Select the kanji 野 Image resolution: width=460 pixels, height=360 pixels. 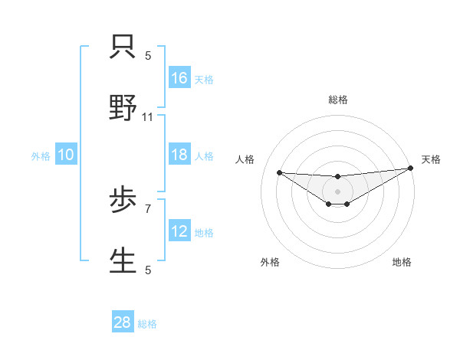tap(123, 108)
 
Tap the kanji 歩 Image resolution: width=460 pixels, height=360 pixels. tap(123, 201)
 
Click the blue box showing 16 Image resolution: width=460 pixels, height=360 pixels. tap(179, 78)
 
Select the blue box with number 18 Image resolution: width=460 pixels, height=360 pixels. tap(179, 155)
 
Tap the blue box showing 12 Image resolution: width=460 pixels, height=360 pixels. tap(179, 231)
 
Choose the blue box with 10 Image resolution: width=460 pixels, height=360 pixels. tap(66, 155)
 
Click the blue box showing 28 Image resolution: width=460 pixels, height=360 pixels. tap(123, 322)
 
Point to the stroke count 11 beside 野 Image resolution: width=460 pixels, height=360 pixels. tap(148, 117)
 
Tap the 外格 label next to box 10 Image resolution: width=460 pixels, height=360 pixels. tap(41, 155)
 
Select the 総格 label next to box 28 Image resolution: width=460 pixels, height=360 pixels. tap(147, 323)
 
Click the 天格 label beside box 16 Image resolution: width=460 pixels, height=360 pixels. tap(203, 79)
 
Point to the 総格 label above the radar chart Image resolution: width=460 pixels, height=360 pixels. tap(337, 100)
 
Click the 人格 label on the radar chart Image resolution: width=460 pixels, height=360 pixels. tap(245, 159)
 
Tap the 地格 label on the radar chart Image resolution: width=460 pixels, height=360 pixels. tap(402, 262)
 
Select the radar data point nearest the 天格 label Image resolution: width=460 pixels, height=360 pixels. tap(410, 169)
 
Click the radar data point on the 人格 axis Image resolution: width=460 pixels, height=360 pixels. tap(279, 172)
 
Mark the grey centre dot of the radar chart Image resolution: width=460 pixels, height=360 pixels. tap(337, 190)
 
